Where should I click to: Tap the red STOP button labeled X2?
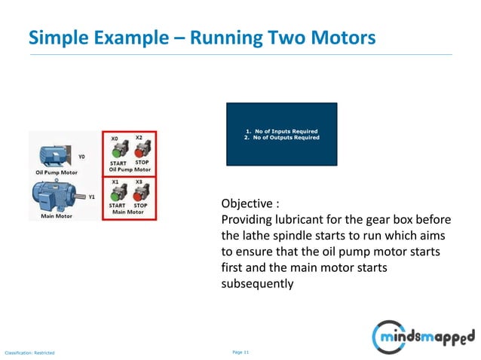(x=140, y=149)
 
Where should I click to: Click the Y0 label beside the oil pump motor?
(x=81, y=157)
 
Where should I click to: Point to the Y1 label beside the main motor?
(x=91, y=197)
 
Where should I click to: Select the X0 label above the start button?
(x=115, y=139)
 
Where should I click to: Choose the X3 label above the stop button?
(x=139, y=182)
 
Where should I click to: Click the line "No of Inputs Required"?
(x=281, y=131)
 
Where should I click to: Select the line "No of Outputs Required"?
(x=281, y=138)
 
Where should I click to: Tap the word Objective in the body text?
(x=247, y=204)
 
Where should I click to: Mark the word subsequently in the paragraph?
(x=257, y=285)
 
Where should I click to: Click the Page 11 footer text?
(x=240, y=352)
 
